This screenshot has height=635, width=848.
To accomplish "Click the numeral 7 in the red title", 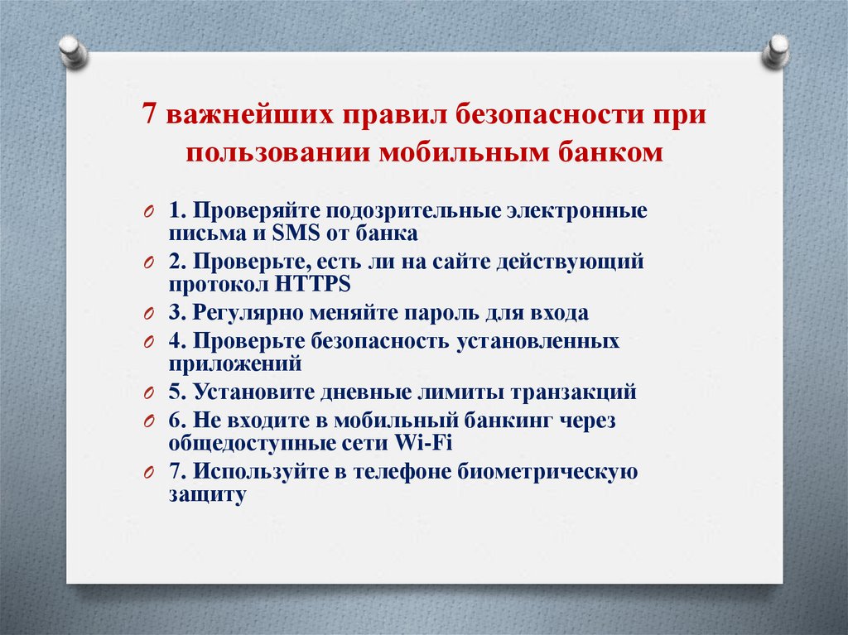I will [x=149, y=115].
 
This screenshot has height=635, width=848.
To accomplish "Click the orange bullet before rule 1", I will [x=147, y=212].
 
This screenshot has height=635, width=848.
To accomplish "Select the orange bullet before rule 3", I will [x=147, y=315].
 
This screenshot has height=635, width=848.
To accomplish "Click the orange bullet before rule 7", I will [x=147, y=473].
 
